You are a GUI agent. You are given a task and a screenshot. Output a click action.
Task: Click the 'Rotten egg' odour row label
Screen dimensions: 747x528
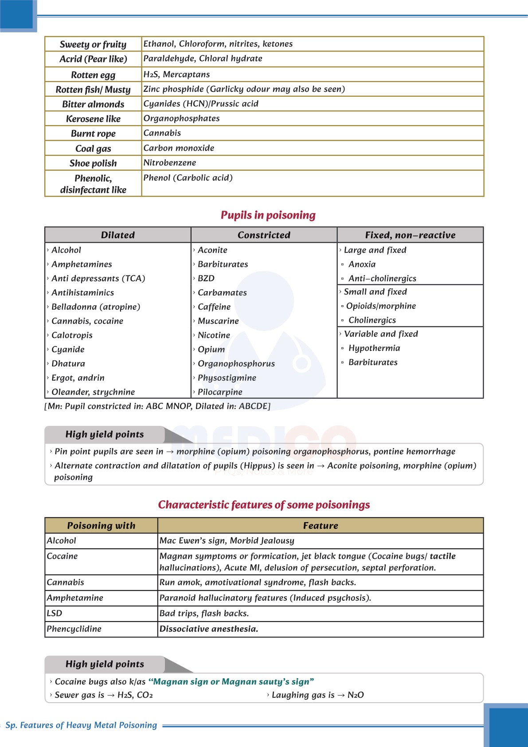(x=93, y=75)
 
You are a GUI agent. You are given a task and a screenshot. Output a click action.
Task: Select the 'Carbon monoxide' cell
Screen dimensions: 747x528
(x=179, y=148)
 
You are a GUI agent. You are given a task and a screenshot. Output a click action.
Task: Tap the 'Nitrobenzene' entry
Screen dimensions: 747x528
(x=169, y=163)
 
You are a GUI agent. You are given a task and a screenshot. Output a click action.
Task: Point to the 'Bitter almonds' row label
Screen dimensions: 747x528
(x=93, y=104)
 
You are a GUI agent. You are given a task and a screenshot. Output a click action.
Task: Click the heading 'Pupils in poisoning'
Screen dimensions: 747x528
(x=268, y=215)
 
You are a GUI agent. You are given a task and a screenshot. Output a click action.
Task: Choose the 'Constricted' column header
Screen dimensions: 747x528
(x=264, y=235)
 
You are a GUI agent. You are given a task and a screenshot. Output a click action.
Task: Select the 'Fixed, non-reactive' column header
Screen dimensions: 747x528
(x=410, y=235)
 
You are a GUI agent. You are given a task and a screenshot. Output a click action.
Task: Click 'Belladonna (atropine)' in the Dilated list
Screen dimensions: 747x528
(x=96, y=307)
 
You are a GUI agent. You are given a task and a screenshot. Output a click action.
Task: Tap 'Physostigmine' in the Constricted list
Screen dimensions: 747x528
(x=227, y=378)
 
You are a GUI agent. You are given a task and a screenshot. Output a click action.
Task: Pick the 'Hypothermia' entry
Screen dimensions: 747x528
(x=374, y=348)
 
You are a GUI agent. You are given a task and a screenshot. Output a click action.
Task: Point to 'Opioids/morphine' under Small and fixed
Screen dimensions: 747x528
(x=381, y=306)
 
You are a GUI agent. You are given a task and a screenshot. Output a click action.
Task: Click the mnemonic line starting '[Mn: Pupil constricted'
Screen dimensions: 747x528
(x=157, y=406)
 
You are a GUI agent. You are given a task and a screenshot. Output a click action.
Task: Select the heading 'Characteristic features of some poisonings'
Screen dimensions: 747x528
(x=264, y=505)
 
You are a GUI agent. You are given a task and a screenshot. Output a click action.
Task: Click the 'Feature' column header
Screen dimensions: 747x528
(x=321, y=526)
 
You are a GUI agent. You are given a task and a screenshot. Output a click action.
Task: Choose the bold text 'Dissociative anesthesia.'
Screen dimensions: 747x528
(x=209, y=629)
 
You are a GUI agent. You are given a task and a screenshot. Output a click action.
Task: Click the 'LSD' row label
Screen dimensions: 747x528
(x=55, y=613)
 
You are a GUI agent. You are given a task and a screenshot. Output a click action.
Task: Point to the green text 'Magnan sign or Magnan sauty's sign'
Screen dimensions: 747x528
(x=231, y=682)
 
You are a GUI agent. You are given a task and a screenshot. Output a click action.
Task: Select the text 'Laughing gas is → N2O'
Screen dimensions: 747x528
(x=317, y=695)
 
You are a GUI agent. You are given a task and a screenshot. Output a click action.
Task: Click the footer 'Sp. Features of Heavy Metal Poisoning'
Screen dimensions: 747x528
(x=81, y=725)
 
